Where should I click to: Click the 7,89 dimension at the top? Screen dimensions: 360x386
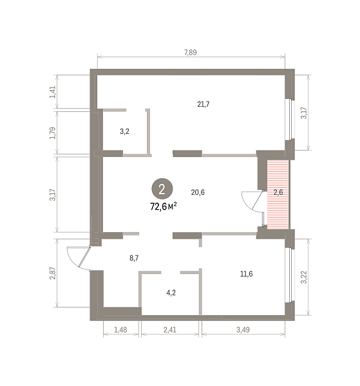pyautogui.click(x=191, y=53)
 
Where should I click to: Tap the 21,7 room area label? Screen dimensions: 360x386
pyautogui.click(x=204, y=104)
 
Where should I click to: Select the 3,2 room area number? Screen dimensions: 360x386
pyautogui.click(x=124, y=131)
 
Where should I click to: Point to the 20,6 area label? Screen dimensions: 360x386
pyautogui.click(x=198, y=192)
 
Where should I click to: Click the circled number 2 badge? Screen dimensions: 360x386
pyautogui.click(x=162, y=189)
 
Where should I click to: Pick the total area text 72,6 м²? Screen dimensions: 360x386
pyautogui.click(x=164, y=207)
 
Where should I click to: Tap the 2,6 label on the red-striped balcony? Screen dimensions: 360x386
pyautogui.click(x=278, y=192)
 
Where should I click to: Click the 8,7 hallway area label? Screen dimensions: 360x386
pyautogui.click(x=134, y=258)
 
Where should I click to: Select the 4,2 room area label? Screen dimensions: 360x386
pyautogui.click(x=171, y=293)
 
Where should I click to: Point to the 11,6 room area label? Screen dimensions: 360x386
pyautogui.click(x=246, y=274)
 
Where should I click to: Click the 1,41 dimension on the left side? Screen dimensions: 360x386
pyautogui.click(x=53, y=92)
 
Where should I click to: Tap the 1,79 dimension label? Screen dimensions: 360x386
pyautogui.click(x=53, y=133)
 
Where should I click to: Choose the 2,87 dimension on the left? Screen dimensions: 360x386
pyautogui.click(x=53, y=273)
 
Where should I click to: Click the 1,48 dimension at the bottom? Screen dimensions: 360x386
pyautogui.click(x=120, y=329)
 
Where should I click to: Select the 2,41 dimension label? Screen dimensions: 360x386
pyautogui.click(x=170, y=329)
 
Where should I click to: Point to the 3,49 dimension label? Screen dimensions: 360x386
pyautogui.click(x=243, y=329)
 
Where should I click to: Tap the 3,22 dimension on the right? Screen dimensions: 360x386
pyautogui.click(x=304, y=277)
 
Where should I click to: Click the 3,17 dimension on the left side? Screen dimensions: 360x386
pyautogui.click(x=53, y=195)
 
